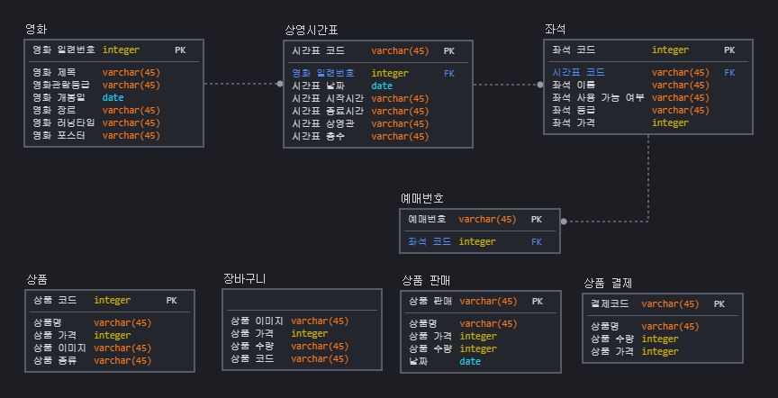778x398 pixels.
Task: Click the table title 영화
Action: click(37, 29)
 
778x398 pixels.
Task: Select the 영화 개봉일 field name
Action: click(54, 97)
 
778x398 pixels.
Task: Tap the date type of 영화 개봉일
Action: click(113, 97)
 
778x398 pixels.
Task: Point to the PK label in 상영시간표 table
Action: click(448, 51)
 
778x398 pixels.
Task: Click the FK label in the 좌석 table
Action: click(729, 72)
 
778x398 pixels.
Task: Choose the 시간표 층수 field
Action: click(318, 136)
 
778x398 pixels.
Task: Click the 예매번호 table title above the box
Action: click(421, 197)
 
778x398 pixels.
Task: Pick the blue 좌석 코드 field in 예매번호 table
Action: click(429, 241)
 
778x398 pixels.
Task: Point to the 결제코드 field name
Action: click(610, 304)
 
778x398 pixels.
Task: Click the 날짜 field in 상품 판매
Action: click(419, 361)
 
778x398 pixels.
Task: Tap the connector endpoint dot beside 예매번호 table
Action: click(564, 221)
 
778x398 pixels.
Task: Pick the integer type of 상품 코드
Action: click(112, 301)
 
